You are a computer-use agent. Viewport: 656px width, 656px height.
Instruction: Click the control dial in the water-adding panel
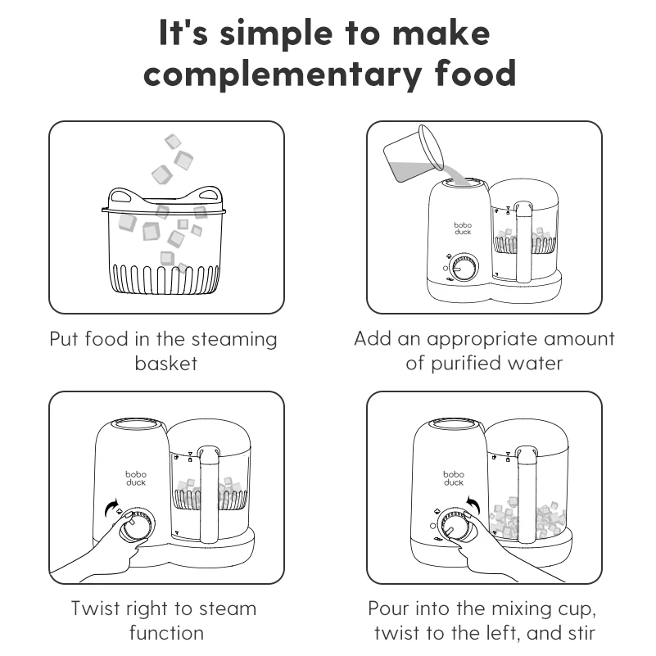(x=464, y=266)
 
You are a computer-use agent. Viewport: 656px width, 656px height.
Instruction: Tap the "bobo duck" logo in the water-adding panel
(x=463, y=228)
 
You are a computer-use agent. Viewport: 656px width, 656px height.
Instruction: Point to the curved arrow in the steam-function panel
(x=111, y=507)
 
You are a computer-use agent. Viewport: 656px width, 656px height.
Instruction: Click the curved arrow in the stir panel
(x=473, y=504)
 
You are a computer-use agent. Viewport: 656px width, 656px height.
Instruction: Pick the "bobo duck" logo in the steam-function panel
(x=136, y=478)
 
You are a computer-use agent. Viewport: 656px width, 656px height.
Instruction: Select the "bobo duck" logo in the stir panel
(x=454, y=478)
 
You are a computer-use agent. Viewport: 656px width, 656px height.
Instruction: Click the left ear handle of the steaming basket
(x=123, y=196)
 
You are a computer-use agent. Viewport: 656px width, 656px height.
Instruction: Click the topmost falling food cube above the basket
(x=173, y=142)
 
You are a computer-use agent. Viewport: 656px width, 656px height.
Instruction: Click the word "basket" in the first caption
(x=166, y=363)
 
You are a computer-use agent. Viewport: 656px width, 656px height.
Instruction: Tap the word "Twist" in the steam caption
(x=94, y=608)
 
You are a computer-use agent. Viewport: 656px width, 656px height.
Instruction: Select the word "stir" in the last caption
(x=581, y=632)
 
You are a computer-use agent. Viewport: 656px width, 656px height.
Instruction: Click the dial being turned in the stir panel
(x=453, y=525)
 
